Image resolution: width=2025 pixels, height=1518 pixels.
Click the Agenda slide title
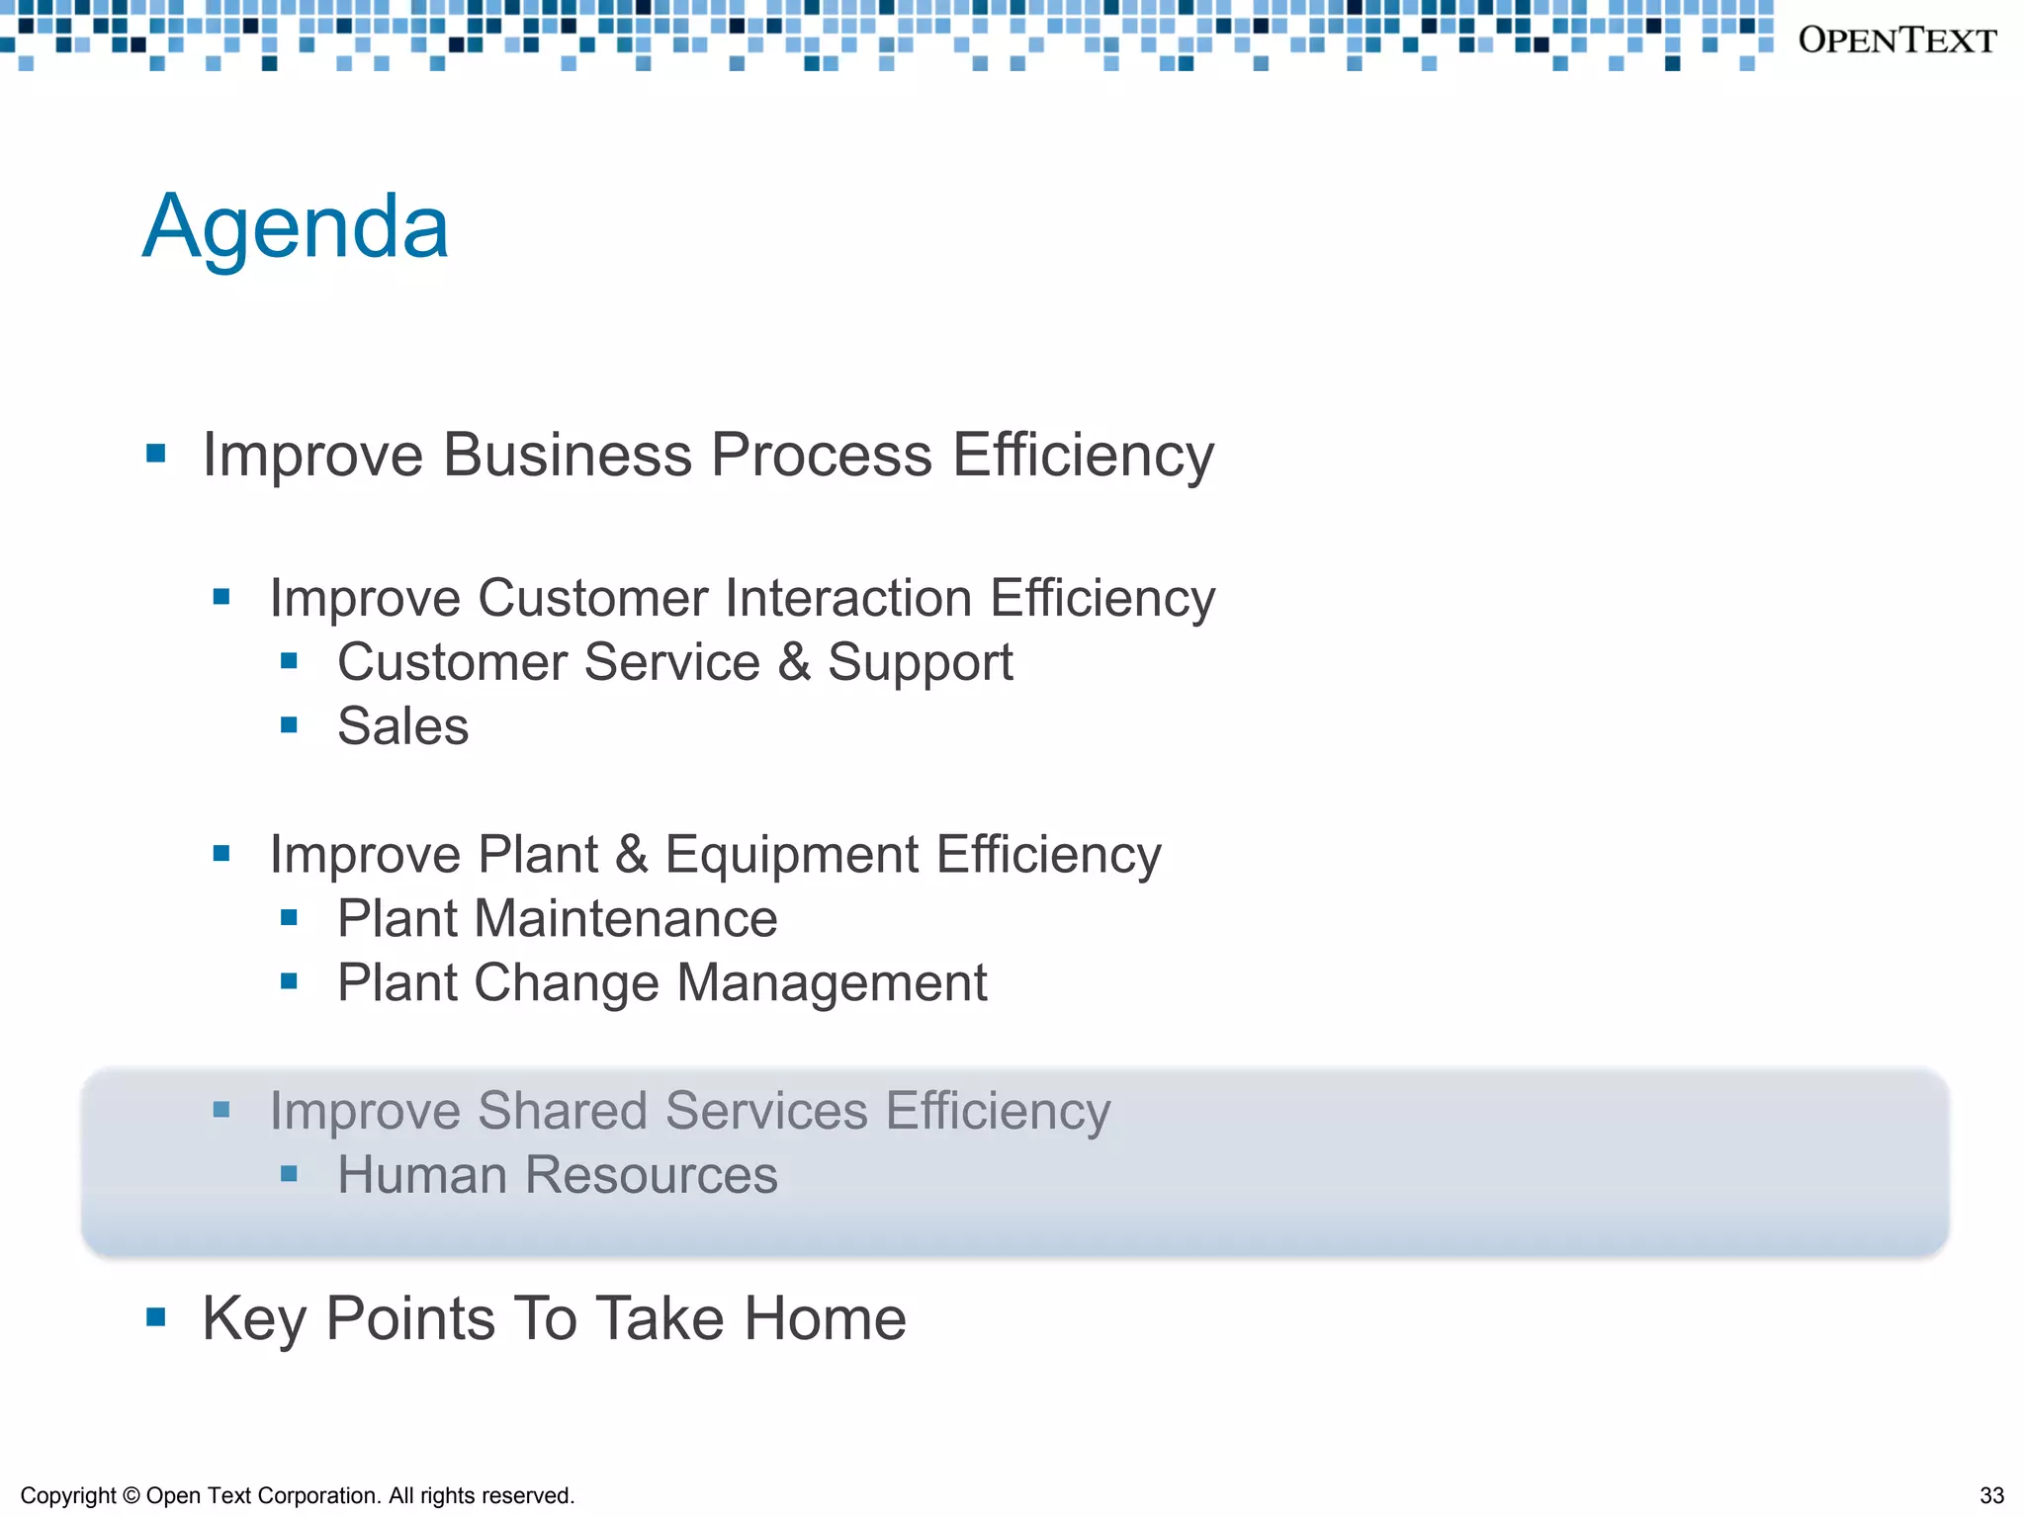(296, 227)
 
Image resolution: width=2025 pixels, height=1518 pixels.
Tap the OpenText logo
(1896, 41)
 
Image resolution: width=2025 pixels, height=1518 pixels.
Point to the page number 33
(1991, 1495)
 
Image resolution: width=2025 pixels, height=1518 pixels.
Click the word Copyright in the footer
(68, 1495)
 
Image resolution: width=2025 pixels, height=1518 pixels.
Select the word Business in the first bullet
(567, 456)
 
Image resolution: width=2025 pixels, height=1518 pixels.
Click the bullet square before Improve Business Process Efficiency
(155, 454)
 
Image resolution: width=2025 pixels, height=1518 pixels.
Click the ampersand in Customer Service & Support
(794, 662)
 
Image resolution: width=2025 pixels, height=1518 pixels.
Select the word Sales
(402, 726)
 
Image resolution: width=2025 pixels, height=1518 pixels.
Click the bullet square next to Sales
(289, 725)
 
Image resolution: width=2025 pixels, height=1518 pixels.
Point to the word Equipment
(792, 855)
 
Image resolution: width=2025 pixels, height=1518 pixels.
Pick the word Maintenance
(626, 919)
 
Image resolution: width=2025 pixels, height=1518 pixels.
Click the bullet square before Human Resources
(289, 1174)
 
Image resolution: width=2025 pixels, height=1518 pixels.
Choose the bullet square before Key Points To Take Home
(155, 1316)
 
